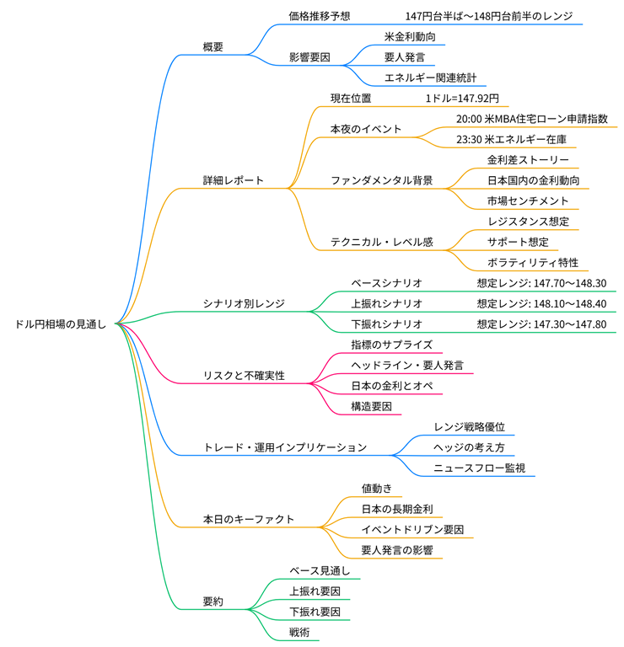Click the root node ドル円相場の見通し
(61, 324)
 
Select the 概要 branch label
(213, 47)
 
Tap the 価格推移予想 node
(320, 16)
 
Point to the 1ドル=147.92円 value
(462, 99)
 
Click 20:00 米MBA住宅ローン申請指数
(531, 119)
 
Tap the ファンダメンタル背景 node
(381, 180)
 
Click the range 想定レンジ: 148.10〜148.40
(541, 303)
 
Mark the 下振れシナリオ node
(386, 324)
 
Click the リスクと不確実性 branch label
(245, 375)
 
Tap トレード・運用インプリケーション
(285, 447)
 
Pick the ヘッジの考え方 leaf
(469, 447)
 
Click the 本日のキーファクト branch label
(249, 519)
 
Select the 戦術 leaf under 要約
(300, 632)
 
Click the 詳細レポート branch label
(234, 180)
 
